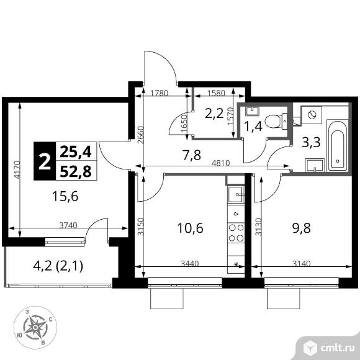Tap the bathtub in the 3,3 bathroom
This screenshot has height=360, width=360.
pos(338,145)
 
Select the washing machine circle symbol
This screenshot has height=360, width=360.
pos(312,115)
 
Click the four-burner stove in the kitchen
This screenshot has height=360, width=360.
pos(236,233)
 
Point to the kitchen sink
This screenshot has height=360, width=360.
pos(236,194)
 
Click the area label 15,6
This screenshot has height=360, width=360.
pos(65,197)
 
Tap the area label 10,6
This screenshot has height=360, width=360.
pos(190,228)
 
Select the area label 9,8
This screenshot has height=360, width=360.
pos(302,228)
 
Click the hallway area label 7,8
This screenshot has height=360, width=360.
pos(191,155)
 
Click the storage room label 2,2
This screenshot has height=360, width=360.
pos(214,114)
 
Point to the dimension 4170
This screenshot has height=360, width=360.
pos(17,170)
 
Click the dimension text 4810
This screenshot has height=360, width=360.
pos(220,163)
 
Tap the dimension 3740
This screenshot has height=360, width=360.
pos(68,225)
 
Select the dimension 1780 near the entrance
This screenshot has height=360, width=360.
pos(160,93)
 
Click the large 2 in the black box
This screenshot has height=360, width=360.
pos(45,161)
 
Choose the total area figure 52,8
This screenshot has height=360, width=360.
pos(76,171)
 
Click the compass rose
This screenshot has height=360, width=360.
pos(35,327)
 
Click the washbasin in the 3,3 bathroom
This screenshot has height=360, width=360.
pos(314,165)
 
